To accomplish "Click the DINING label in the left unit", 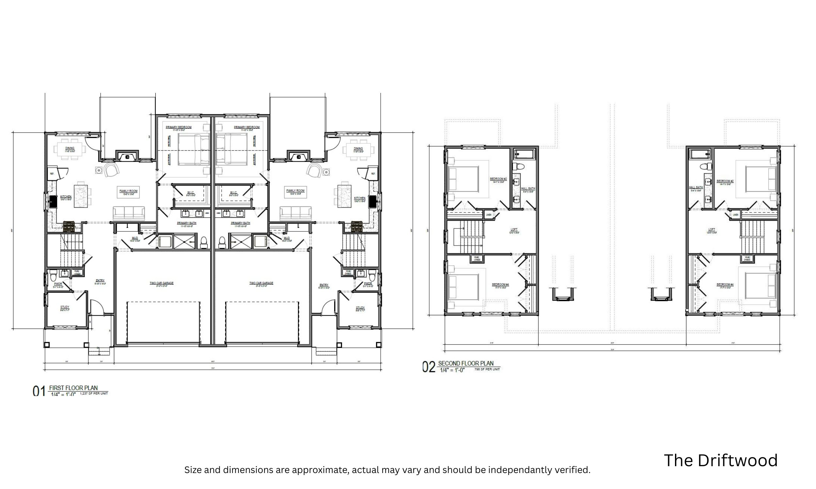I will (70, 148).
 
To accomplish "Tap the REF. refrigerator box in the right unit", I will (373, 174).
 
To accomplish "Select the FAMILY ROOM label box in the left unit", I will (128, 192).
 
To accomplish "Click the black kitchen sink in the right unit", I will (373, 201).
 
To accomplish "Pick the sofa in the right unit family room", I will (295, 214).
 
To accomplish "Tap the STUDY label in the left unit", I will (65, 307).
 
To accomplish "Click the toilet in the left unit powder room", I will (54, 276).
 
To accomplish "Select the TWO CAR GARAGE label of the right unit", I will (261, 283).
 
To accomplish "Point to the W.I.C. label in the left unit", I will (191, 192).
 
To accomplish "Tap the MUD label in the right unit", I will (287, 238).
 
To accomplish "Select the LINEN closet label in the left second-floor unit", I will (489, 215).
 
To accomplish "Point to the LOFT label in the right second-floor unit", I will (712, 230).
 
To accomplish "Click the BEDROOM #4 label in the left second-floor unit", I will (500, 284).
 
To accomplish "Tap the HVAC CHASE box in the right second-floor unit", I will (747, 258).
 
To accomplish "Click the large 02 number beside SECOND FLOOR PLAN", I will (429, 367).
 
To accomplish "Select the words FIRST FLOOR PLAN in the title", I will (73, 388).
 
